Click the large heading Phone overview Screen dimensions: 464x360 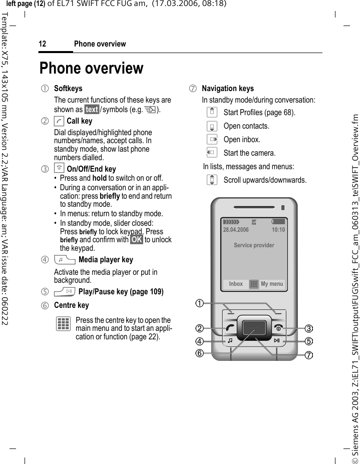(91, 68)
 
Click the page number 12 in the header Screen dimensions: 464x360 (43, 44)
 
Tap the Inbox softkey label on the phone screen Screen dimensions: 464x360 (236, 284)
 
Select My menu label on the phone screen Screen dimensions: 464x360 (272, 284)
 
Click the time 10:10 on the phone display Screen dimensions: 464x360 (278, 230)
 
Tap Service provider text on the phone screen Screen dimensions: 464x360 (254, 245)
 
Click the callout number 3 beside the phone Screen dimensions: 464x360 (309, 328)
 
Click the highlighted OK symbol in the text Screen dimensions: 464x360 (136, 240)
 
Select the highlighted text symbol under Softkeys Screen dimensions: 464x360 (92, 110)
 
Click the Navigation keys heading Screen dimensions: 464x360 (227, 89)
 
